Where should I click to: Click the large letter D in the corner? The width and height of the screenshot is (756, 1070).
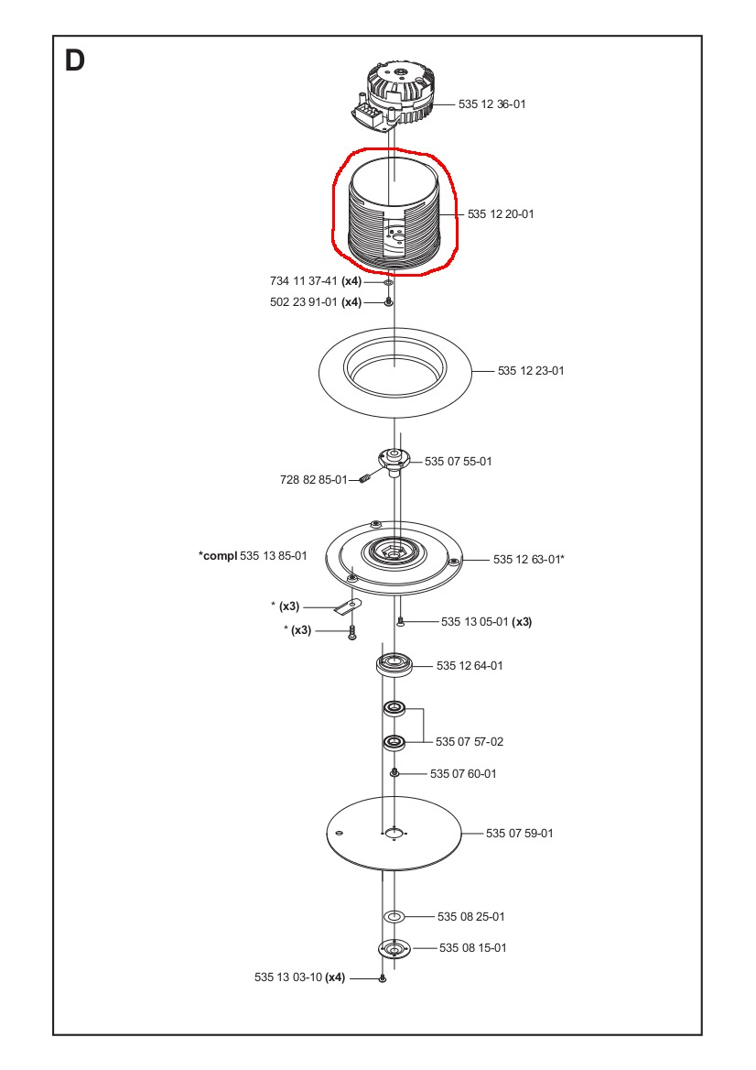point(74,61)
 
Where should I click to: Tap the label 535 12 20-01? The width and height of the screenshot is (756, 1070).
point(500,214)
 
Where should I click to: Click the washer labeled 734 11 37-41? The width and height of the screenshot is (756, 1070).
point(388,283)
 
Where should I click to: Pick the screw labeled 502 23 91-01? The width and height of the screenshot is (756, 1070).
point(388,301)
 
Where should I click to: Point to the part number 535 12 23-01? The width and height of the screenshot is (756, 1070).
point(531,371)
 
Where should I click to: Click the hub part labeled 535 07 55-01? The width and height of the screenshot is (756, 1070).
point(394,460)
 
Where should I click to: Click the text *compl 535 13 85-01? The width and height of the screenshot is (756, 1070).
point(253,556)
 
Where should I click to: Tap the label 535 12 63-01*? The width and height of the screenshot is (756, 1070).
point(528,559)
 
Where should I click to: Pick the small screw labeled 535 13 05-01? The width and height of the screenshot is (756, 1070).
point(400,622)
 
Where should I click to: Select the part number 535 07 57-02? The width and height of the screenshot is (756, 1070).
point(469,740)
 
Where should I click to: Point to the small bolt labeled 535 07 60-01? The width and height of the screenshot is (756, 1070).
point(394,773)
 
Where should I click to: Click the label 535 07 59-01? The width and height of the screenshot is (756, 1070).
point(519,834)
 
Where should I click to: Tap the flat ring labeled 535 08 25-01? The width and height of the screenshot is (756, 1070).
point(394,916)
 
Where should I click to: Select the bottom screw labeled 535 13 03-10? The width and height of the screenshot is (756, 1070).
point(383,979)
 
